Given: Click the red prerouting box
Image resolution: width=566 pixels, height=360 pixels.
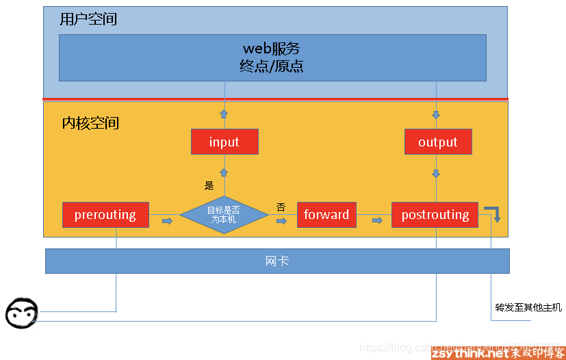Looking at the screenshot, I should point(105,215).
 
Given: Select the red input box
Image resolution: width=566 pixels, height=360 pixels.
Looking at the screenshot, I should point(224,142).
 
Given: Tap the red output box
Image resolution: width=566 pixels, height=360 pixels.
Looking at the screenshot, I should point(437,142).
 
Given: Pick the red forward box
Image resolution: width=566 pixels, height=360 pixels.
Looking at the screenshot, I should point(326,215).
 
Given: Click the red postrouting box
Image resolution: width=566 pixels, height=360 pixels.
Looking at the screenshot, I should point(435,215).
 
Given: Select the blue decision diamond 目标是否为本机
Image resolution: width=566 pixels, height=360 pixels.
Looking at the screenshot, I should point(224,215).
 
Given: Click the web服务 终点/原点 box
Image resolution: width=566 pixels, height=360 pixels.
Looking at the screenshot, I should point(272,57).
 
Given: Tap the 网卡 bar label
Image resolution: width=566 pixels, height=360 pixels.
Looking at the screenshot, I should point(276,261).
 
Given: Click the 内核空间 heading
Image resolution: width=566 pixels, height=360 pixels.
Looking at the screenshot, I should point(90,123).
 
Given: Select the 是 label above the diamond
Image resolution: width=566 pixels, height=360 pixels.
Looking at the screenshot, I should point(209,185).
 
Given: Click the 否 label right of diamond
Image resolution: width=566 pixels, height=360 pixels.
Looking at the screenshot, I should point(281,207).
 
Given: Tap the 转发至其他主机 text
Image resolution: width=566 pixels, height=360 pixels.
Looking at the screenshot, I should point(528,307).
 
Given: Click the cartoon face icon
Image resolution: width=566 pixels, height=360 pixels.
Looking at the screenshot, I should point(22,314).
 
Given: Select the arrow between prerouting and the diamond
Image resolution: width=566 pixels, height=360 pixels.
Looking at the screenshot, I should point(167,220).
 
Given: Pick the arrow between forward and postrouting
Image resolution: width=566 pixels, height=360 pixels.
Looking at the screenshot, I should point(377,220).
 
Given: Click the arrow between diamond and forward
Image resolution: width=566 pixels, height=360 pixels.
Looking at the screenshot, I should point(281,220).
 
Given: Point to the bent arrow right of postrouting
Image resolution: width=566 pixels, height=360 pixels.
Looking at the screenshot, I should point(494,213).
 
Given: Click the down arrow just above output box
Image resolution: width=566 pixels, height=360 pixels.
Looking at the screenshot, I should point(436,114).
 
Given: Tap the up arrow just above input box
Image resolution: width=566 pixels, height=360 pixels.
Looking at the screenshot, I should point(224,114).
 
